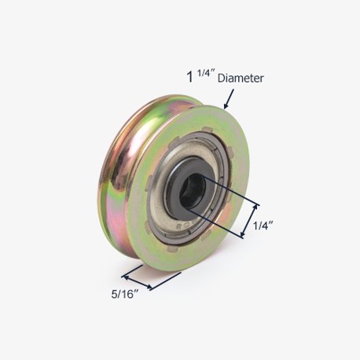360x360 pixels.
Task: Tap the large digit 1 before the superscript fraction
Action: [x=189, y=78]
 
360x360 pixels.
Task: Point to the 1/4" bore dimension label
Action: [x=263, y=226]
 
